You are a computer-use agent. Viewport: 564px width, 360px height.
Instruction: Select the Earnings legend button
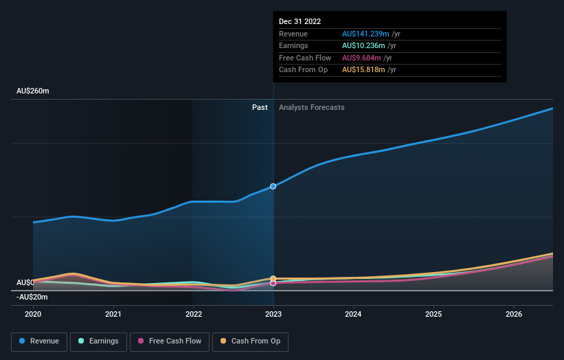tap(98, 341)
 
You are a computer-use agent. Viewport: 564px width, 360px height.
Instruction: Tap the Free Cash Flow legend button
tap(168, 341)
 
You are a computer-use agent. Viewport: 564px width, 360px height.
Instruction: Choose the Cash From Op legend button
tap(250, 341)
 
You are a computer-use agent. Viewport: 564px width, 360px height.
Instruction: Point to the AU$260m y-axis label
tap(33, 91)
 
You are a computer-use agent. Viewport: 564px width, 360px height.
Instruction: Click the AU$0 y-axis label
tap(25, 282)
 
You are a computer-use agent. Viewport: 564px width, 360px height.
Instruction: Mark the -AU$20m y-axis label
tap(32, 297)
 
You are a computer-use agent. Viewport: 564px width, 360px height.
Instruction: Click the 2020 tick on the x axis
tap(33, 315)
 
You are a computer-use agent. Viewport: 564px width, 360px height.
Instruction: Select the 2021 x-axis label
tap(113, 315)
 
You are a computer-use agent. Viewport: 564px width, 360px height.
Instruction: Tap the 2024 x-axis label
tap(354, 315)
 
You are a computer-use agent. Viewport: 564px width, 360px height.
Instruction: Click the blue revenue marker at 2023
tap(273, 186)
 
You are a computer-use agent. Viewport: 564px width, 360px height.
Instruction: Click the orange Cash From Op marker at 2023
tap(273, 279)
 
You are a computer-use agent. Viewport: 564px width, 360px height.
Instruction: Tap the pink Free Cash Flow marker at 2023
tap(273, 283)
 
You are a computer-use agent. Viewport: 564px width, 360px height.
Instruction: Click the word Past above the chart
tap(260, 107)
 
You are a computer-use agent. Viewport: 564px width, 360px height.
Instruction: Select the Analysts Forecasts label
tap(311, 107)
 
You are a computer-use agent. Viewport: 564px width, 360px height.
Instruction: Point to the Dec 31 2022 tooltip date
tap(300, 22)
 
